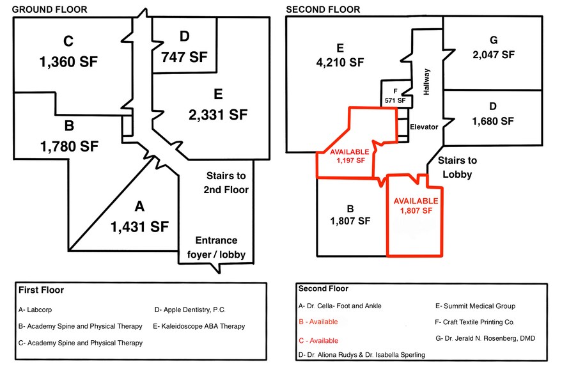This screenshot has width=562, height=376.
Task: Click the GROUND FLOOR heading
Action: (x=49, y=10)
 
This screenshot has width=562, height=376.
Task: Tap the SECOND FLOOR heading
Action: (x=323, y=10)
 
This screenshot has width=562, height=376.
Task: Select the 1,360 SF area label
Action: (x=68, y=62)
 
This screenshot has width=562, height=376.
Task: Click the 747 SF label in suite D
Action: (x=184, y=57)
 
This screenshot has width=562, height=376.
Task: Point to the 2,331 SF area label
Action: (x=218, y=115)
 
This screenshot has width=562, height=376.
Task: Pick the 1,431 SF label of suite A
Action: (x=139, y=227)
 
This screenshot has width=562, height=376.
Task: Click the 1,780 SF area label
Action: (x=69, y=146)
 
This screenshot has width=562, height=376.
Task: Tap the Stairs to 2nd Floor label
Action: (x=226, y=182)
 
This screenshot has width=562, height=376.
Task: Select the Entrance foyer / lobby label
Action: (x=216, y=247)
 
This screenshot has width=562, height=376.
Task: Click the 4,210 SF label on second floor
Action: (x=340, y=63)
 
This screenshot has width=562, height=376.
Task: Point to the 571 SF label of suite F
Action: (x=395, y=101)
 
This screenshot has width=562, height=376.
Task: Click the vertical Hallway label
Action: (x=426, y=82)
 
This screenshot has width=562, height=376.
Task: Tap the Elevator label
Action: (x=424, y=127)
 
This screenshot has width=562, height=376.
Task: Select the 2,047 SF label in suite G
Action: (x=494, y=55)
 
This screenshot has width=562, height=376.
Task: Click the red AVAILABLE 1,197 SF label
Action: (x=350, y=156)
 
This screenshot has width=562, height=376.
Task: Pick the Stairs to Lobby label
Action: (x=457, y=168)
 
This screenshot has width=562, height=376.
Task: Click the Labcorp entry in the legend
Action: (x=35, y=309)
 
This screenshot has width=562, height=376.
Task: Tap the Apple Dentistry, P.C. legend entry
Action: (x=190, y=309)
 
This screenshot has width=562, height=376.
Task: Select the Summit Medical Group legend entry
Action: (x=475, y=306)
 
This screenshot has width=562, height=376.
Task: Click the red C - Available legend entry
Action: (x=318, y=341)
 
